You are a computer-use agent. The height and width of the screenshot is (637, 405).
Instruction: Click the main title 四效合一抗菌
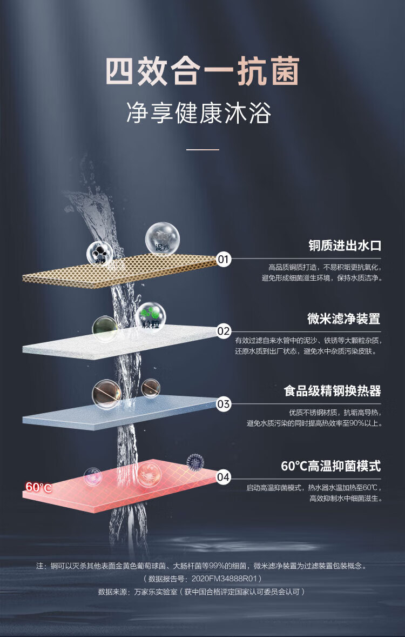[x=202, y=72]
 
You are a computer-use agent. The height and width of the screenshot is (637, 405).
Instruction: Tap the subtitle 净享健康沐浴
[x=198, y=113]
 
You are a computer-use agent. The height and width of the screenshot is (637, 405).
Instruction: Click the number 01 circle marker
[x=224, y=260]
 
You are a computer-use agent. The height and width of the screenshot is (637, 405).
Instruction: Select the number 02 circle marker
[x=224, y=331]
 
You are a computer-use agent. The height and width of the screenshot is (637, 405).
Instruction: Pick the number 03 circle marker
[x=224, y=404]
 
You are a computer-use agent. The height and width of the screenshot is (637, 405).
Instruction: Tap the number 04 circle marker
[x=224, y=477]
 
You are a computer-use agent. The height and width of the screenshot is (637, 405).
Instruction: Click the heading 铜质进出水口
[x=345, y=245]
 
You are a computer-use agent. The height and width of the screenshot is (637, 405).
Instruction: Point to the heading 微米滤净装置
[x=344, y=319]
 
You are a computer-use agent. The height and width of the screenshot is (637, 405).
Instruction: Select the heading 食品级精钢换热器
[x=332, y=391]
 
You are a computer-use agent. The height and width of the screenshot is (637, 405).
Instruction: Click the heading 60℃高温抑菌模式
[x=330, y=466]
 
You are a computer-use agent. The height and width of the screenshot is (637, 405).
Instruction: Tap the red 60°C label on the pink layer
[x=38, y=487]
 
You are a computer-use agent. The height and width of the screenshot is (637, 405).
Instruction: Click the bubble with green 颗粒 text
[x=151, y=316]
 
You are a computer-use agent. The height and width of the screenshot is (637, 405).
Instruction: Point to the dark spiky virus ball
[x=195, y=462]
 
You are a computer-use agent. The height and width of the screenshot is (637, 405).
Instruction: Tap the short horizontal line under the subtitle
[x=202, y=149]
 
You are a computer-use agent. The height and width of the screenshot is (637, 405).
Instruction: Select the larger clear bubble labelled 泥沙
[x=162, y=238]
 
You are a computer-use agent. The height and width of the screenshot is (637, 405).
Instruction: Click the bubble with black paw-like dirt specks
[x=100, y=253]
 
